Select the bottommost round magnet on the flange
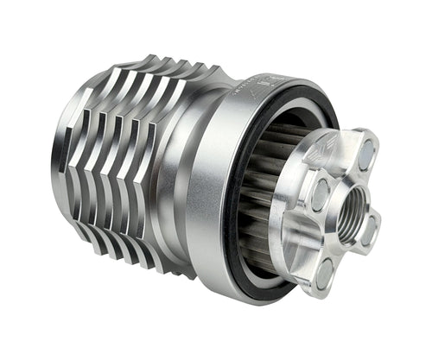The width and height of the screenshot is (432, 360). [325, 272]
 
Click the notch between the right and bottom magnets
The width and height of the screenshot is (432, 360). [354, 259]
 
